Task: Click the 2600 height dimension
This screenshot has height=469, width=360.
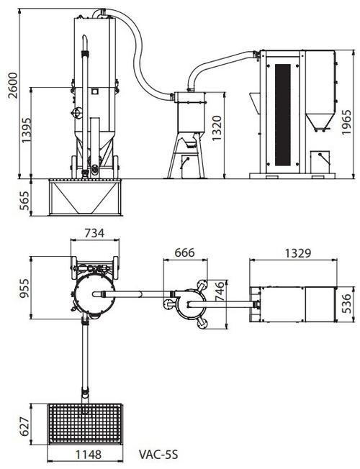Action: point(13,85)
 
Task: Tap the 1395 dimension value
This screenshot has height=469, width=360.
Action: point(26,130)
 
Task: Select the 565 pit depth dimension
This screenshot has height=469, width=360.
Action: point(25,201)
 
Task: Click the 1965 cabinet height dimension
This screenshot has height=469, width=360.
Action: point(346,122)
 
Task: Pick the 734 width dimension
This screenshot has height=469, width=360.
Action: point(94,233)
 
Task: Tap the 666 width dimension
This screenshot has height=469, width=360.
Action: point(184,252)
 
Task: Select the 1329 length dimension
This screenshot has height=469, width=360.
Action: point(298,253)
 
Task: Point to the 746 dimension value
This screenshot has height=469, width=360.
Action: point(220,291)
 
